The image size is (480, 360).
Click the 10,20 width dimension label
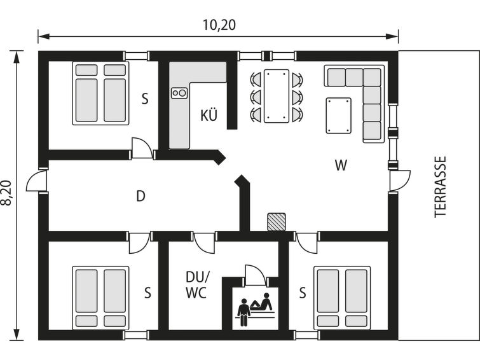[219, 25]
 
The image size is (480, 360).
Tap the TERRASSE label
[441, 187]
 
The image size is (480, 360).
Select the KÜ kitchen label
[209, 115]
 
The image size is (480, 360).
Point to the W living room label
[341, 165]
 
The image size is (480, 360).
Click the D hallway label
[141, 196]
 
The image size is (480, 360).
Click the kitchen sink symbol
[179, 93]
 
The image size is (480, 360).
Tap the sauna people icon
[255, 310]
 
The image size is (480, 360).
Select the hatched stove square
[277, 222]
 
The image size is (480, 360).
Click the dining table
[277, 96]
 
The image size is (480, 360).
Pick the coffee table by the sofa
[339, 116]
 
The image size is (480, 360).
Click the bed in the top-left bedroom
[100, 93]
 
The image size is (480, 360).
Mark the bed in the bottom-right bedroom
[342, 298]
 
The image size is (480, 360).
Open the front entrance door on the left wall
[37, 181]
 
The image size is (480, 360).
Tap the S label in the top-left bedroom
[145, 99]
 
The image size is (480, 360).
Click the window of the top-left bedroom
[137, 56]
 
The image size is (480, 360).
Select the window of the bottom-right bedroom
[306, 335]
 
